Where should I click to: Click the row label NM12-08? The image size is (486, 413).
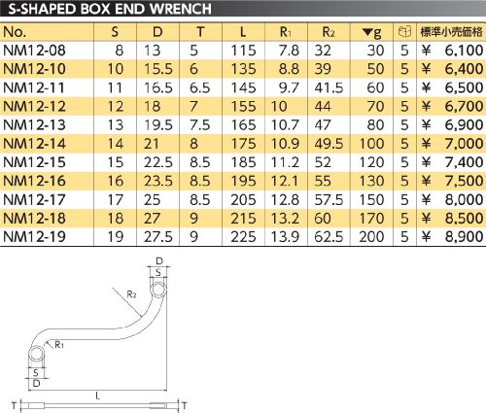(34, 51)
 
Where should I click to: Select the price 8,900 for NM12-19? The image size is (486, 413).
(464, 237)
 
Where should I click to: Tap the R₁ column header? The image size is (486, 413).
(286, 32)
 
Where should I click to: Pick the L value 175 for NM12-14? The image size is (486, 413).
(243, 144)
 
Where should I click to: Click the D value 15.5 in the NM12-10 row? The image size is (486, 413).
(158, 69)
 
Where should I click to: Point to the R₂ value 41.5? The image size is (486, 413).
(329, 87)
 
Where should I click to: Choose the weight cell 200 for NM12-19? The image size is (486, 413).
(371, 237)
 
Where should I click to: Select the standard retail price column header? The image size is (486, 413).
(451, 32)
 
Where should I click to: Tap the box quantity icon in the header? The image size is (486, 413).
(404, 32)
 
